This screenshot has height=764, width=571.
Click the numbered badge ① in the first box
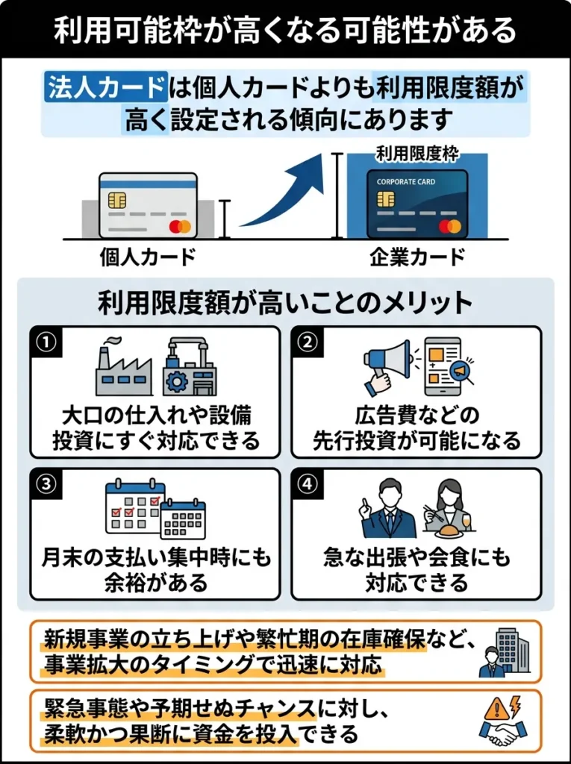coord(46,342)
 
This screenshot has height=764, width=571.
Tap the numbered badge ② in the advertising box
coord(307,342)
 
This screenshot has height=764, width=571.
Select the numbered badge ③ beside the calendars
coord(46,483)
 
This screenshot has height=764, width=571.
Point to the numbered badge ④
coord(307,483)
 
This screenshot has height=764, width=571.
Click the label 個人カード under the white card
coord(148,257)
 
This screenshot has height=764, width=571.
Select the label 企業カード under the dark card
coord(417,257)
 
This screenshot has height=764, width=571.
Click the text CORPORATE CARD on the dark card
coord(406,181)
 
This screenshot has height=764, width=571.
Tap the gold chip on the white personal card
coord(116,200)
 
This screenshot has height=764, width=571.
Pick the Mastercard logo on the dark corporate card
coord(449,226)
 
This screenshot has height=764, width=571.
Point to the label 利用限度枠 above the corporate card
coord(417,154)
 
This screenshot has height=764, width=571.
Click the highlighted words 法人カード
coord(104,88)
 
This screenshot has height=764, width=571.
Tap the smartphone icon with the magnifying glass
coord(444,366)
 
